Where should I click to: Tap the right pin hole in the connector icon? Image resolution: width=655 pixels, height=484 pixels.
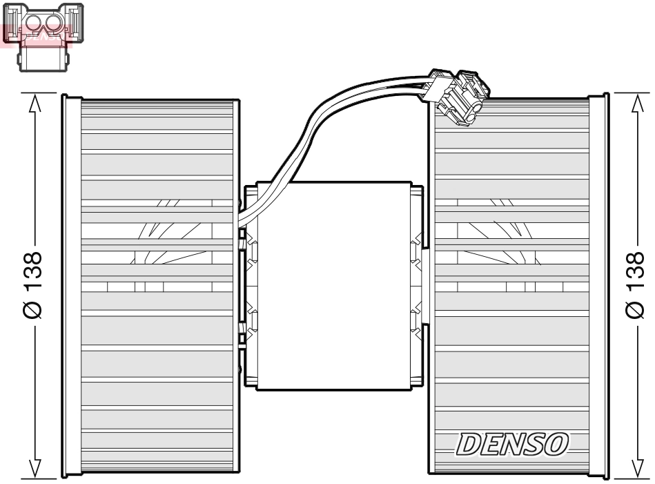[53, 26]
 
